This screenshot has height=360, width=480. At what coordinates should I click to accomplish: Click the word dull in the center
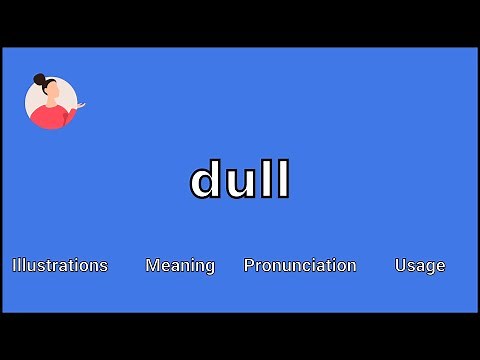coord(240,181)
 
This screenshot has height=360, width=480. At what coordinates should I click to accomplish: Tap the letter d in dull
coord(205,181)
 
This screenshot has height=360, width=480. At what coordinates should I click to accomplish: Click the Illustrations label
coord(60,265)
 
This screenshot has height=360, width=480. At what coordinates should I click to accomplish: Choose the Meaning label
coord(180,265)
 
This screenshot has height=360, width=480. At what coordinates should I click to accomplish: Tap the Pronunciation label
coord(300,265)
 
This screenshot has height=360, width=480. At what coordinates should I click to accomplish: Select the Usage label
coord(420,265)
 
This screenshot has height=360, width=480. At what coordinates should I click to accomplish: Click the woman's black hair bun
coord(39,79)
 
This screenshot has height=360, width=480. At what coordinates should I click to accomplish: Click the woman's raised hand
coord(81,105)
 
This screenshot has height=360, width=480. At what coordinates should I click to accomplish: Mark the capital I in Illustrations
coord(14,265)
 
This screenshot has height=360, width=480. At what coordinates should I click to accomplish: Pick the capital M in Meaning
coord(152,265)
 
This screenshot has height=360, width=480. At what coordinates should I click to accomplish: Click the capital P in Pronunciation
coord(249,265)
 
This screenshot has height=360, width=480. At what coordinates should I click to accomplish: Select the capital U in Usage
coord(401,265)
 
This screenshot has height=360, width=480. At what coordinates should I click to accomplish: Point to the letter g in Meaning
coord(209,267)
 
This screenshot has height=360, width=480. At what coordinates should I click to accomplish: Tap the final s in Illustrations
coord(103,266)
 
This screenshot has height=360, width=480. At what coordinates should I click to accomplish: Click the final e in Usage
coord(440,266)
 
